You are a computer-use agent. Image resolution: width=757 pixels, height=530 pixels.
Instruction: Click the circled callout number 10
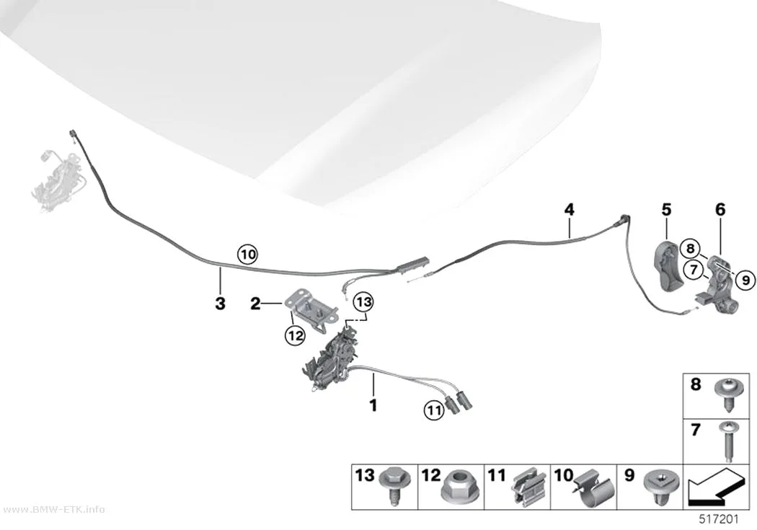pyautogui.click(x=247, y=254)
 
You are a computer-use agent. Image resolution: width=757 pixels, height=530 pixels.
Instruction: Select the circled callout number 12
pyautogui.click(x=295, y=335)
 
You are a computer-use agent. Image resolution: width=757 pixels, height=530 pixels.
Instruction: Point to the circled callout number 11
pyautogui.click(x=434, y=411)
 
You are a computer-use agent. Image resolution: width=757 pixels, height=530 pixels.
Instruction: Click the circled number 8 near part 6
pyautogui.click(x=691, y=249)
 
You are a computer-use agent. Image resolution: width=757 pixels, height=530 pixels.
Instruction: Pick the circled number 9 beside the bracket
pyautogui.click(x=745, y=280)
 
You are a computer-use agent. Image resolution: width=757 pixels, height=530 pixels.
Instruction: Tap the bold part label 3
pyautogui.click(x=220, y=304)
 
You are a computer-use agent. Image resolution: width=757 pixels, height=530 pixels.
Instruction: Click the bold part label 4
pyautogui.click(x=570, y=210)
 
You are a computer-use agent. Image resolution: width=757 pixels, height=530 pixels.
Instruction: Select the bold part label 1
pyautogui.click(x=373, y=405)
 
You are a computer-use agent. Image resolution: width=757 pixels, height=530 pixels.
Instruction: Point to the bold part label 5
pyautogui.click(x=666, y=210)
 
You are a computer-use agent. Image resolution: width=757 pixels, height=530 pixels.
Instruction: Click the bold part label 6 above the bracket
pyautogui.click(x=720, y=210)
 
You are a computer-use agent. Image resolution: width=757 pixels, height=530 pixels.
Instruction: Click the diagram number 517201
pyautogui.click(x=719, y=519)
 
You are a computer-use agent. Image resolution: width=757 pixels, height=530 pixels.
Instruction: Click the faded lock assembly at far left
pyautogui.click(x=61, y=179)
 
